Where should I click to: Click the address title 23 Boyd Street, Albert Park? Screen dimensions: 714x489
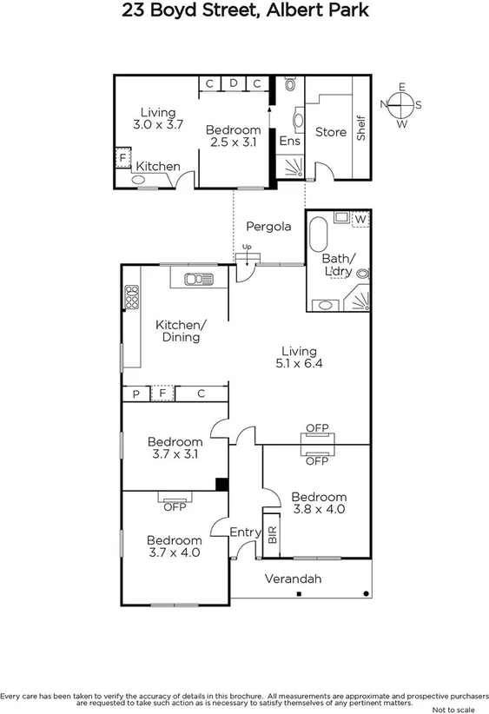[x=243, y=11]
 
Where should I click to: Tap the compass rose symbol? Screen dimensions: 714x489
[x=401, y=105]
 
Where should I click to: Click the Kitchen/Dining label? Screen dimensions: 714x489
[x=181, y=331]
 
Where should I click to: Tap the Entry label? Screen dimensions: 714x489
[x=245, y=532]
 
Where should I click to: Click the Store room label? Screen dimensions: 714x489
[x=330, y=132]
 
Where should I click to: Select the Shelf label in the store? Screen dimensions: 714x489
[x=361, y=129]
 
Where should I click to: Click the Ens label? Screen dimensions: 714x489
[x=287, y=140]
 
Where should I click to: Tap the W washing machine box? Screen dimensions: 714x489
[x=360, y=218]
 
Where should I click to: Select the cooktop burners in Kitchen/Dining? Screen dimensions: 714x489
[x=132, y=297]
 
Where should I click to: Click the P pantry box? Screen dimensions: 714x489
[x=135, y=394]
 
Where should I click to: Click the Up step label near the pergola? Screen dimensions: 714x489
[x=247, y=247]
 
